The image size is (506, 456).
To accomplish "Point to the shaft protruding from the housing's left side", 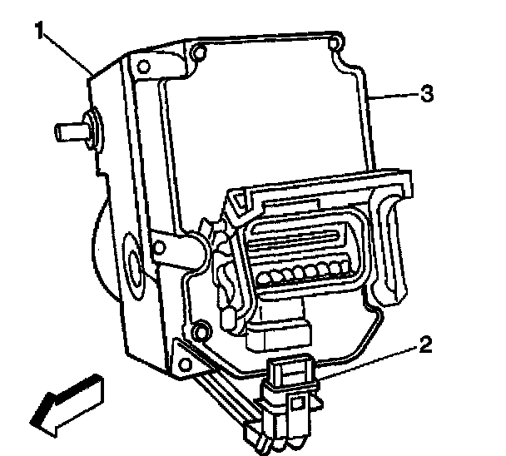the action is coord(70,131).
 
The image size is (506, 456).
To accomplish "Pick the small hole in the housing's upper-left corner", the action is coord(142,65).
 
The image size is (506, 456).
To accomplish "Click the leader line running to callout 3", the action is coord(395,97).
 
